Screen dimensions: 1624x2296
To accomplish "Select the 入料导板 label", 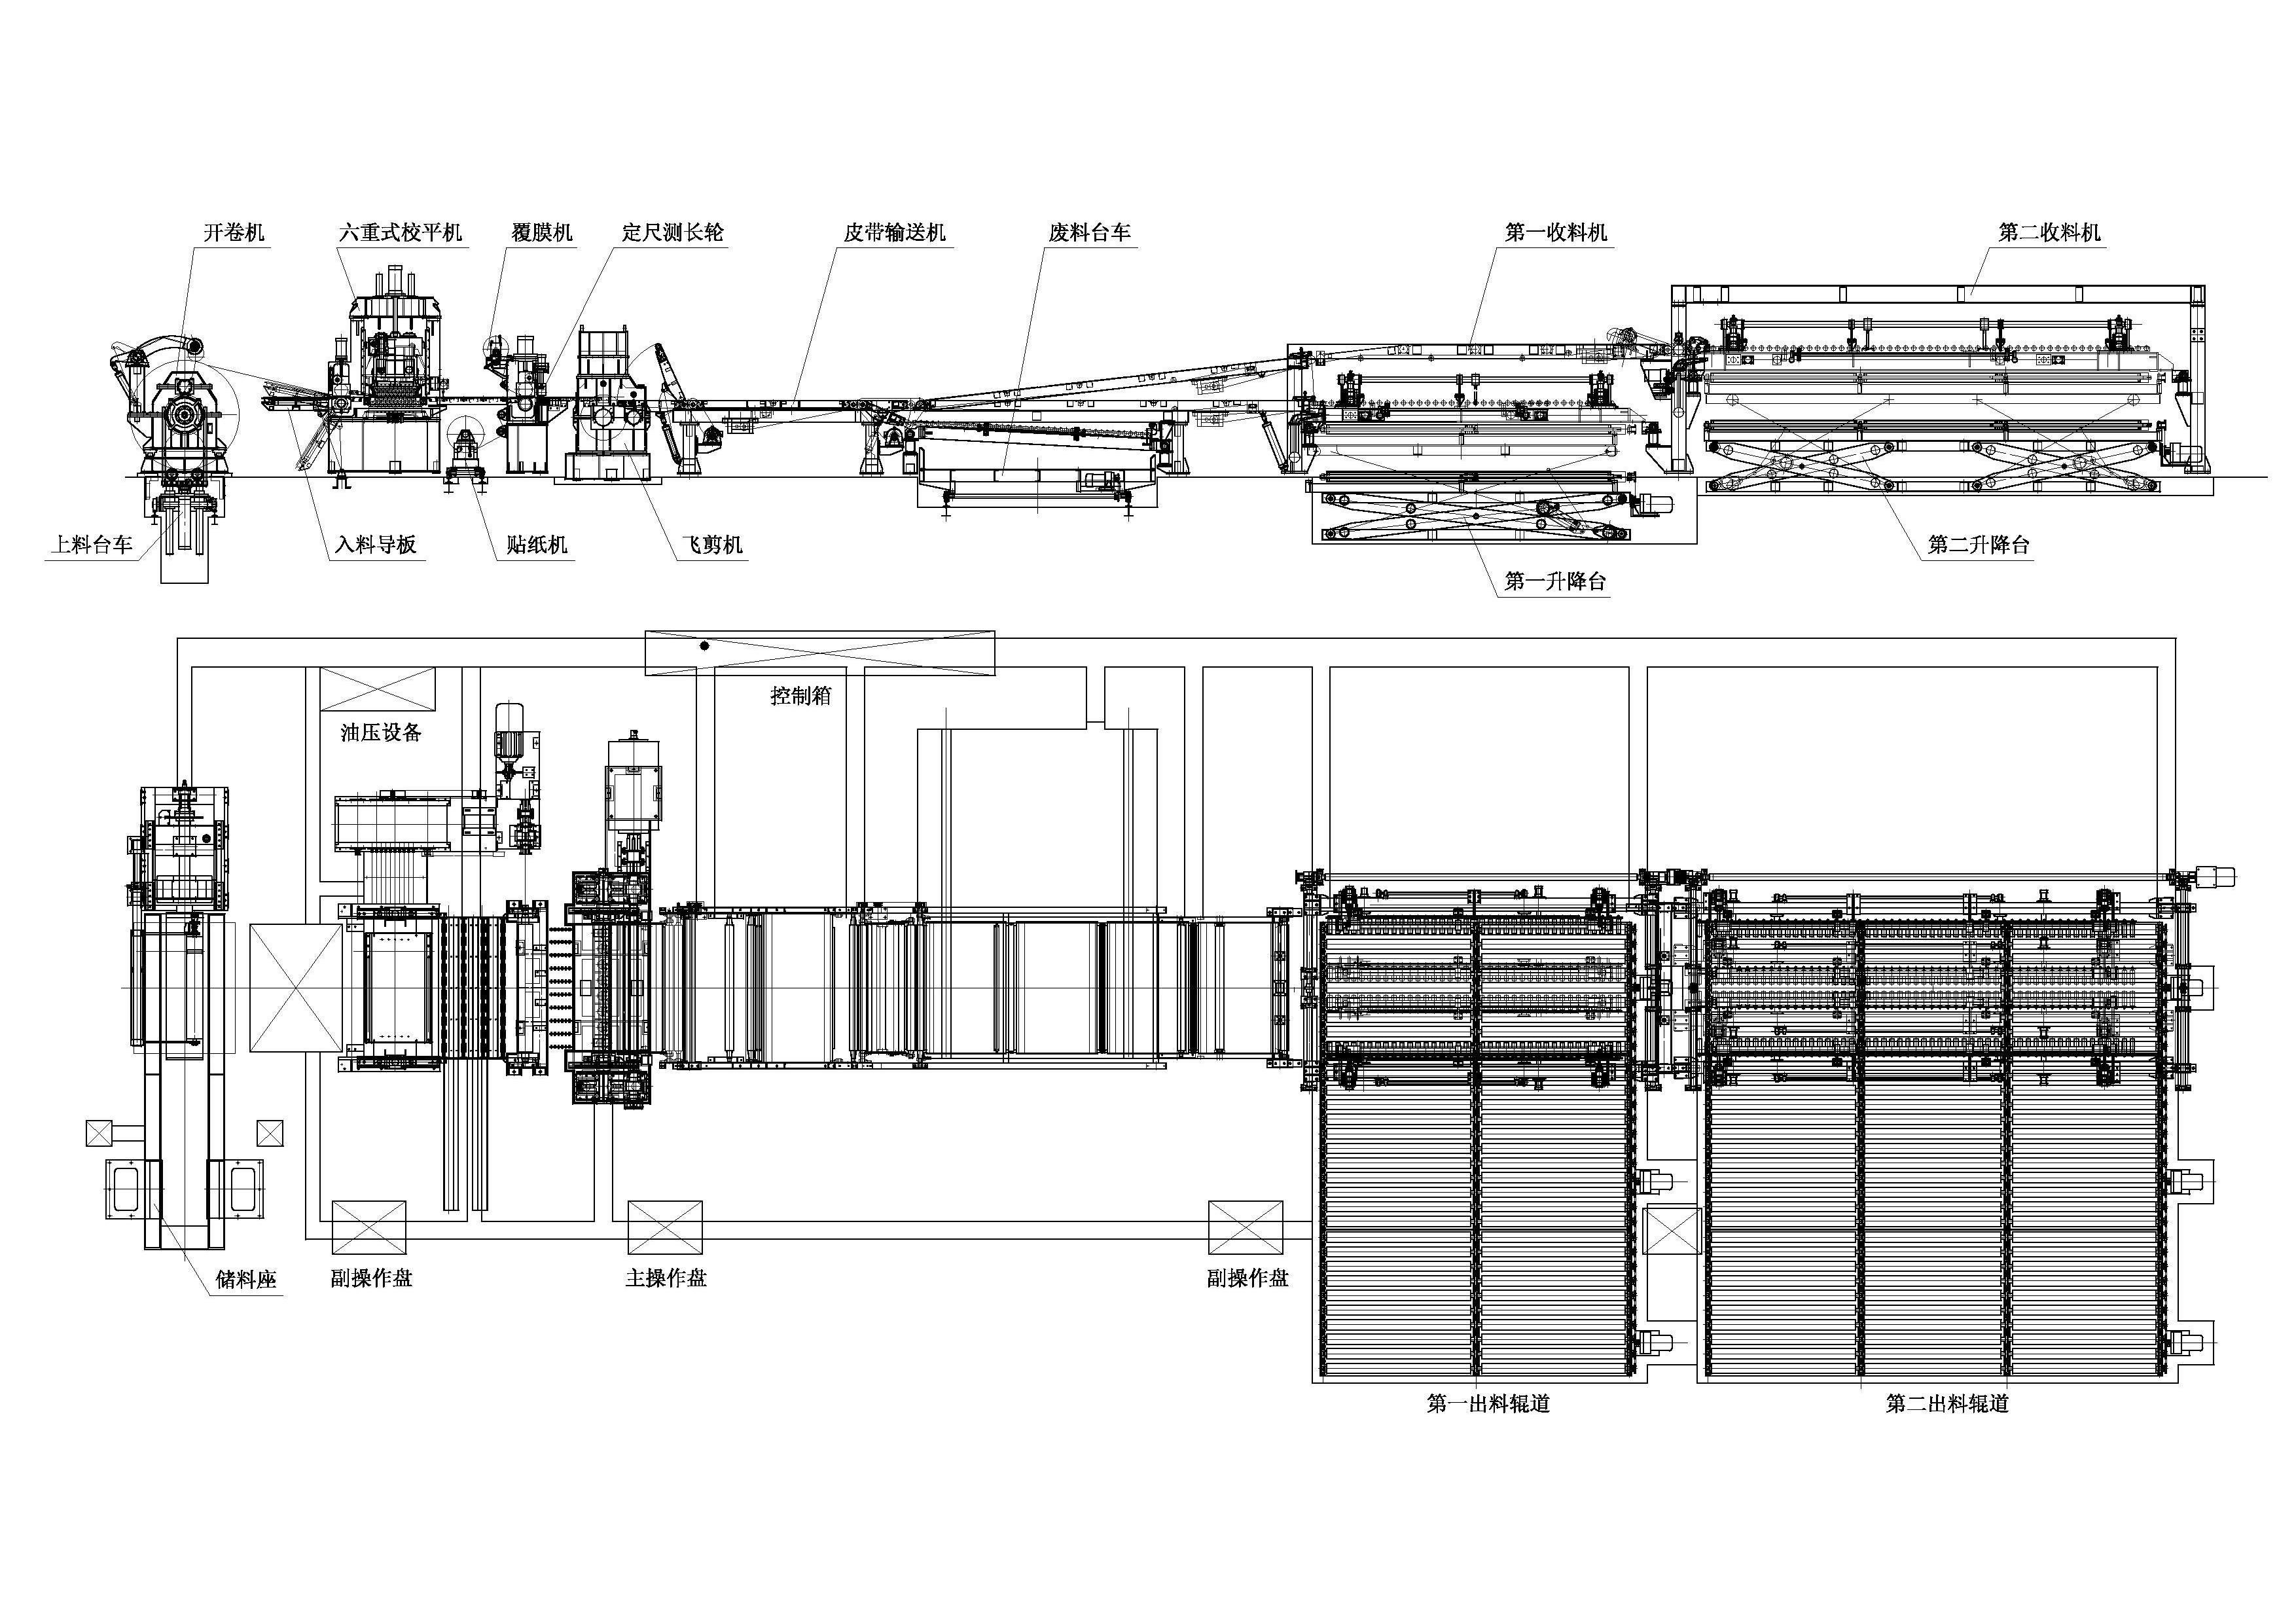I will [376, 545].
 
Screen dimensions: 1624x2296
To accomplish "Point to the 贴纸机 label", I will [537, 545].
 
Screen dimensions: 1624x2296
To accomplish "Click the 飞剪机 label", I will [712, 545].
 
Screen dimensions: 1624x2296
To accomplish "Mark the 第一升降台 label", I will [1555, 581].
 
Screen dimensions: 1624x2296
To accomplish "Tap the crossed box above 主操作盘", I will [665, 1227].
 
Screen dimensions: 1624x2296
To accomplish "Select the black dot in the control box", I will [704, 646].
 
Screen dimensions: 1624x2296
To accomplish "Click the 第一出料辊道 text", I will [1488, 1403].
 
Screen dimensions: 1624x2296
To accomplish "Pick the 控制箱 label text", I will [800, 696].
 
